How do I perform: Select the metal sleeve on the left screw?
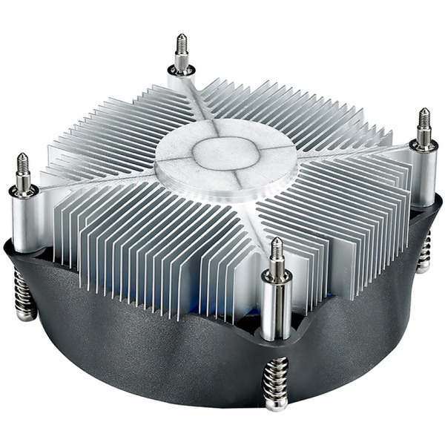click(24, 222)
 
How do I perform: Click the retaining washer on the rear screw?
click(181, 70)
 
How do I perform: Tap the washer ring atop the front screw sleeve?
click(277, 278)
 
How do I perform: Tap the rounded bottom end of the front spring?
click(276, 405)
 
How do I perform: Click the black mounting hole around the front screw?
click(276, 334)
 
